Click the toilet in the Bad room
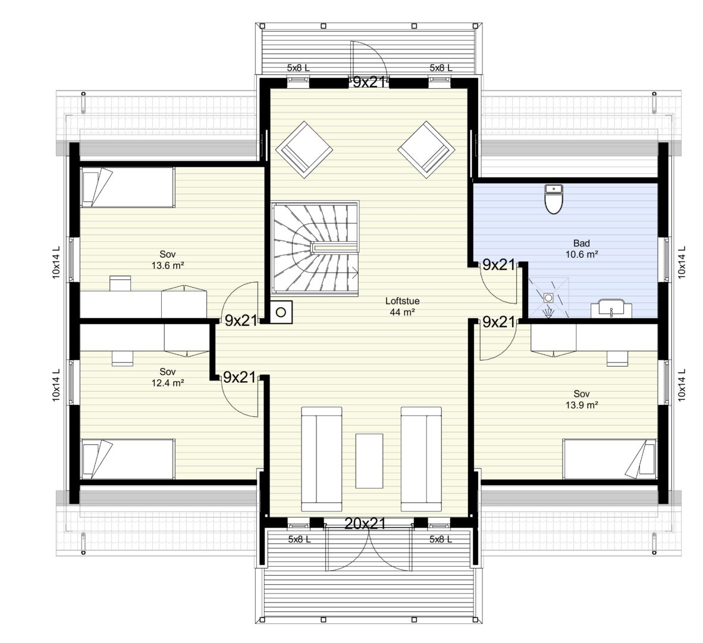point(554,199)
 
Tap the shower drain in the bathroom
point(548,297)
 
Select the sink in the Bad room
point(611,310)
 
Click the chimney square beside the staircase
point(281,312)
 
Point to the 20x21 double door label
point(365,523)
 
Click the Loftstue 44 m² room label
point(402,307)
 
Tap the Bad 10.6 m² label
point(582,249)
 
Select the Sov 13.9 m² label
point(582,399)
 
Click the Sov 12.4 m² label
point(167,377)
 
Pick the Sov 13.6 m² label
point(167,260)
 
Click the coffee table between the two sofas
point(369,460)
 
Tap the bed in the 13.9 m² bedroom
point(610,459)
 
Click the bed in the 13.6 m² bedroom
point(127,188)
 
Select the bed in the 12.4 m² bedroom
point(127,459)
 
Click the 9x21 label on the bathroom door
point(498,265)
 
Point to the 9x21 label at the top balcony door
point(369,82)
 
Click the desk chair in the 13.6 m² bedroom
point(121,283)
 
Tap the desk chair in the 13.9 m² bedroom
point(617,358)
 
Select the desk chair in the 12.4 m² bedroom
point(123,358)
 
